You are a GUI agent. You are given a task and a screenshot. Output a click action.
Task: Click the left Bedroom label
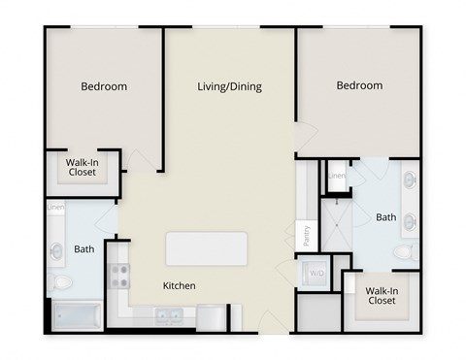point(104,86)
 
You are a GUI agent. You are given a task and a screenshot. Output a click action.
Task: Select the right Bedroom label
point(358,86)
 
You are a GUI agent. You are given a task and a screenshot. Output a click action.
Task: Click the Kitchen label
point(180,286)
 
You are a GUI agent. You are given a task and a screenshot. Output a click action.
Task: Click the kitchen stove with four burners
point(118,277)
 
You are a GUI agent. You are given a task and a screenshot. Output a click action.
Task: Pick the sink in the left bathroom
point(54,251)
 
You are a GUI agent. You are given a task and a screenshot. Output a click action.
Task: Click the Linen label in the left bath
point(54,207)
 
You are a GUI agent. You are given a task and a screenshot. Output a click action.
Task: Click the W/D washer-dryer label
point(316,274)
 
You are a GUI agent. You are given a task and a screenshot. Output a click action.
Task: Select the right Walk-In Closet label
point(381,295)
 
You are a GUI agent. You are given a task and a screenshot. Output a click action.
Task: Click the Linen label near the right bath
point(337,176)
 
